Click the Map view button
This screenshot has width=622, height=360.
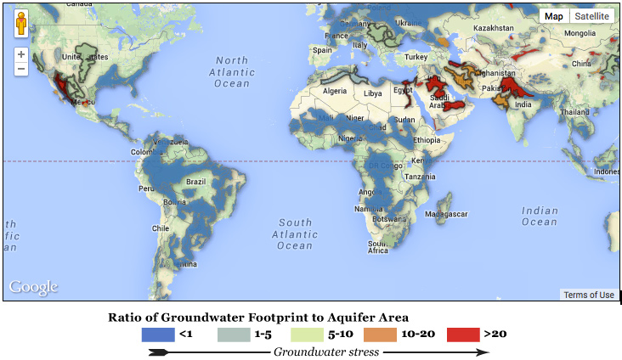pos(553,16)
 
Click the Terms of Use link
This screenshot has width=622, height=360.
pos(589,295)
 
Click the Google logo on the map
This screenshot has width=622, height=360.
pos(34,287)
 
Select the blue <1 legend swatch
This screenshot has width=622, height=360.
pos(157,334)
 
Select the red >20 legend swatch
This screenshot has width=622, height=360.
pos(462,334)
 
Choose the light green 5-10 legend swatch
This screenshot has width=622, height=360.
pos(309,334)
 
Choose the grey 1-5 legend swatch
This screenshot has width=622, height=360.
pos(233,334)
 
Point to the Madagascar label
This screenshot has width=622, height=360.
pos(447,214)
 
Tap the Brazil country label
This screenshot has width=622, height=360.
pos(196,181)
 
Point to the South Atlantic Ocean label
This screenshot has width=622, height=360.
pos(296,234)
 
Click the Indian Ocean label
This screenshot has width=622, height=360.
pos(540,217)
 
